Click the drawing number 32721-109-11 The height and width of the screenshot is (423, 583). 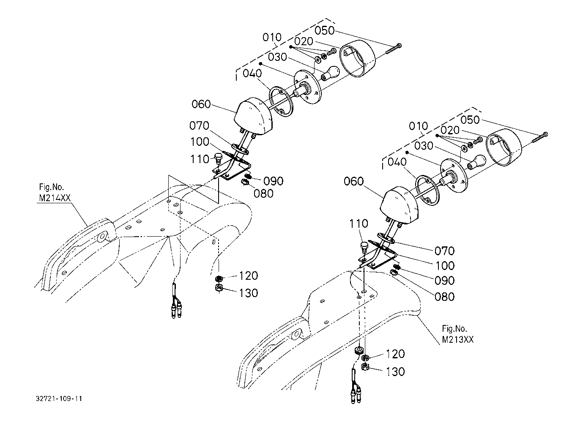click(x=59, y=398)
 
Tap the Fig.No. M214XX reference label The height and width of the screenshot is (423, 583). click(x=55, y=193)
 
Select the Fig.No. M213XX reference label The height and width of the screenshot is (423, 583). click(x=457, y=334)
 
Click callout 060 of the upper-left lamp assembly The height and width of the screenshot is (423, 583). click(x=201, y=104)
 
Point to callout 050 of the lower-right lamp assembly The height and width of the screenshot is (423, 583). click(x=470, y=120)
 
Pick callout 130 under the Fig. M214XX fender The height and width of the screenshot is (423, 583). click(x=248, y=293)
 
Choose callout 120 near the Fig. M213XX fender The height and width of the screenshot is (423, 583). click(x=395, y=354)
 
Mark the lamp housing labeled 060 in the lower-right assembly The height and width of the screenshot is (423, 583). click(x=400, y=205)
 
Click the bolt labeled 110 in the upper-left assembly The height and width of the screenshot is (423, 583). click(x=218, y=159)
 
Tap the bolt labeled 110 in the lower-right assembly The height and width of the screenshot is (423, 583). click(x=364, y=247)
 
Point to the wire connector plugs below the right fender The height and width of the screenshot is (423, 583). click(x=356, y=395)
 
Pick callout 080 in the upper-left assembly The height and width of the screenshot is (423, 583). click(x=263, y=194)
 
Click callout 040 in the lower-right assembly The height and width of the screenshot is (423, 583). click(x=397, y=162)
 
